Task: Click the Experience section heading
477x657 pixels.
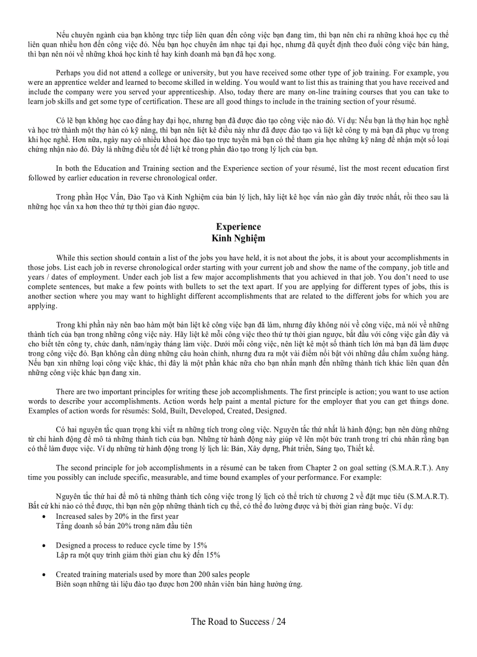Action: (x=238, y=226)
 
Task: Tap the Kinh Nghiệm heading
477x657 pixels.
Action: (x=238, y=238)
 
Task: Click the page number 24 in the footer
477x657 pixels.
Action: (x=281, y=621)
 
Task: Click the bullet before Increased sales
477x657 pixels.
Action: (x=46, y=517)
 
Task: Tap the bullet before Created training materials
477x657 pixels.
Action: (x=46, y=575)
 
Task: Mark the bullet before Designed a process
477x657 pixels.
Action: (x=46, y=545)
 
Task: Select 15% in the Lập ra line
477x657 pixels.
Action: (x=213, y=555)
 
